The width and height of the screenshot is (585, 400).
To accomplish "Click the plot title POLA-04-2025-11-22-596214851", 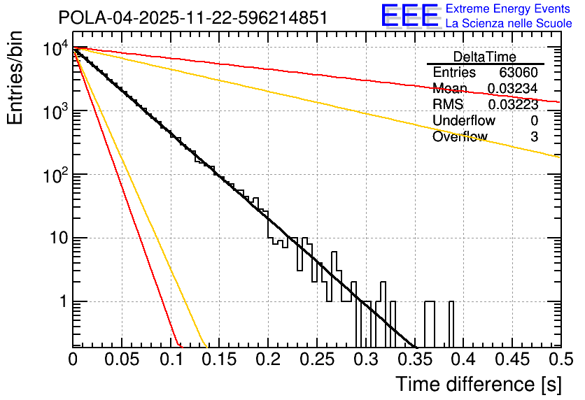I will coord(192,17).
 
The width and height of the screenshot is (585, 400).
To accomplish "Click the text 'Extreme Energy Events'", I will coord(508,9).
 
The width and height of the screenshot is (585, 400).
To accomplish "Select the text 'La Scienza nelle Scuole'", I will coord(508,23).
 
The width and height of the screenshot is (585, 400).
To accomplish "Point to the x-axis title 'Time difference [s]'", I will coord(478,383).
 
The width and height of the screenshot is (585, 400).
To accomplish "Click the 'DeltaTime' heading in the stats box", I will coord(484,57).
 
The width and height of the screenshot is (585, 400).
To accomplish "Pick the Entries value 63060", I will coord(518,72).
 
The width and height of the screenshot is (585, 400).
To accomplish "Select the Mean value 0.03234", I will coord(512,88).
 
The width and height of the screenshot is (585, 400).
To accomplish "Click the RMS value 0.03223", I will coord(512,104).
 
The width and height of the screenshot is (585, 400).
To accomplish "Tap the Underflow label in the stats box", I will coord(463,120).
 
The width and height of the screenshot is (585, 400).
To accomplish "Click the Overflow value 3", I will coord(534,136).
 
